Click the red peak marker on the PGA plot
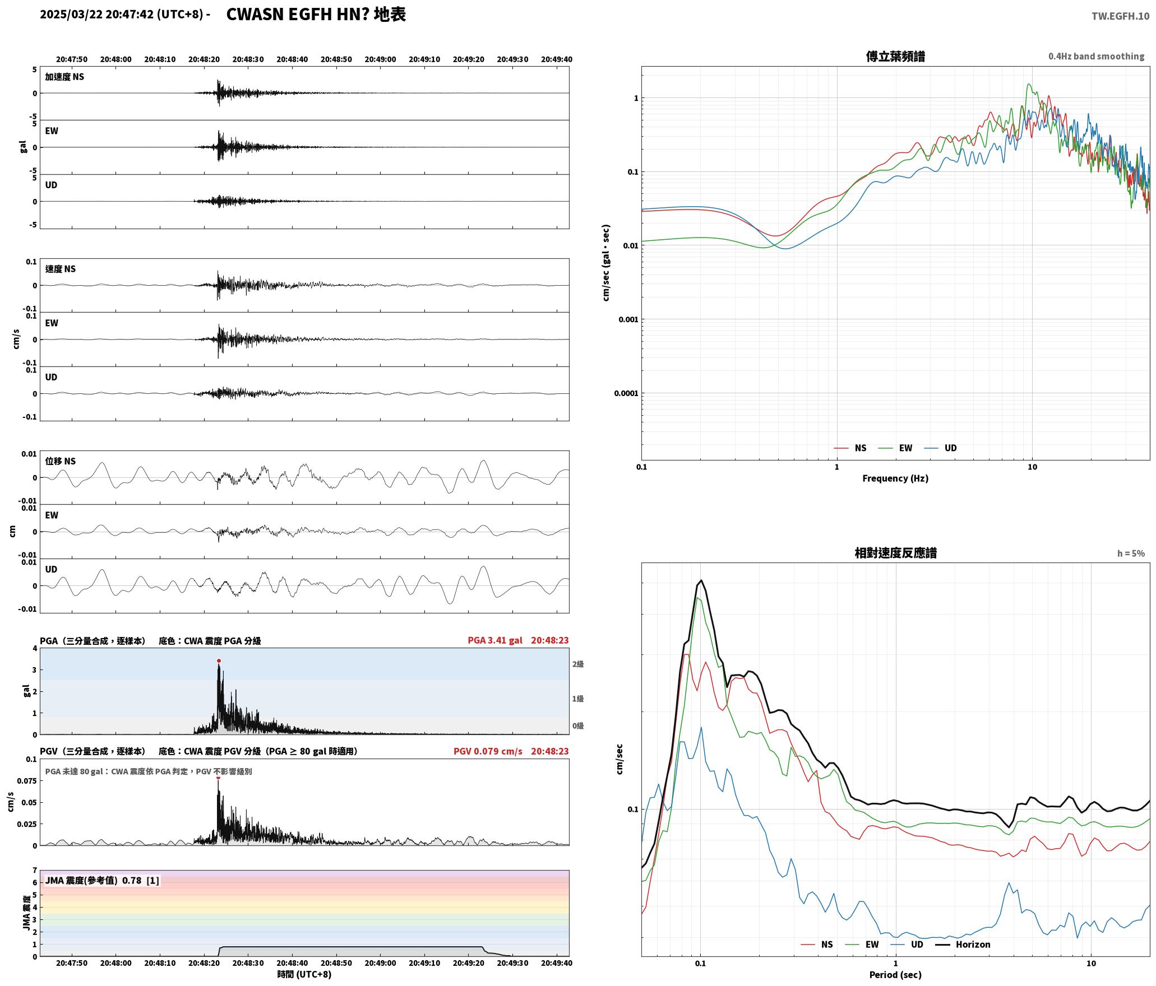(x=219, y=661)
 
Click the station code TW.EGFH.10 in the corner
(x=1120, y=16)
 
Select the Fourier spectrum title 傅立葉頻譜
(x=895, y=57)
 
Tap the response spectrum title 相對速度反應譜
(x=895, y=553)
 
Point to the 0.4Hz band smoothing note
(x=1096, y=57)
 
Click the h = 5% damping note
(x=1131, y=554)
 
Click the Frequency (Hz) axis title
(x=895, y=478)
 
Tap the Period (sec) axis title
(x=895, y=975)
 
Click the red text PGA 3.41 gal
(x=495, y=640)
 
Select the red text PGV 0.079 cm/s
(x=488, y=751)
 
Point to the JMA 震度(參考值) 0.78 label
(x=93, y=881)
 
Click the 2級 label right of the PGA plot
(x=578, y=664)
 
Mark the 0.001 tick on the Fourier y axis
(x=628, y=320)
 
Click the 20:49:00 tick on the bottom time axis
(x=380, y=963)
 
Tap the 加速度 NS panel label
(x=64, y=77)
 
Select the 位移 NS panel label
(x=60, y=462)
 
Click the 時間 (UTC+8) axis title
(x=304, y=975)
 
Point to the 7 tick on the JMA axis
(x=35, y=871)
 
